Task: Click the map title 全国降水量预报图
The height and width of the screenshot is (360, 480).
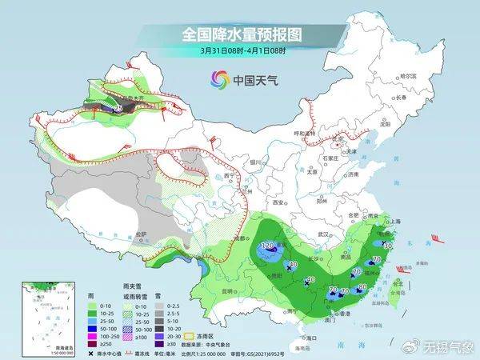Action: point(240,34)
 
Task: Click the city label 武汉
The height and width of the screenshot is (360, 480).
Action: point(323,233)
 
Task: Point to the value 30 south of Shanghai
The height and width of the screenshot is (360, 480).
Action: point(387,245)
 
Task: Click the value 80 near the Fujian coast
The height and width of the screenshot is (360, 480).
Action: point(362,286)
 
